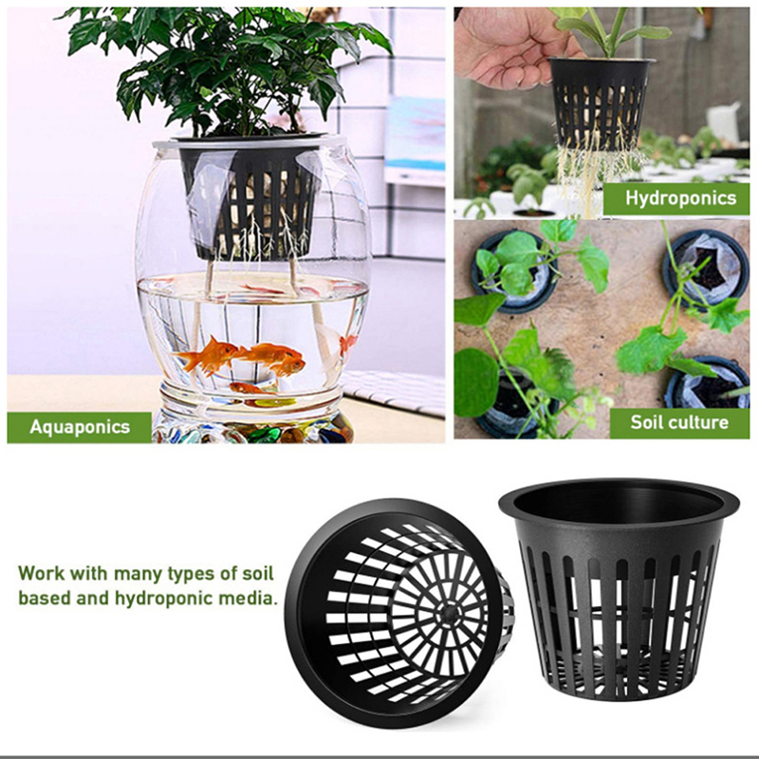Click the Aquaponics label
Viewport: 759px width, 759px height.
(x=80, y=427)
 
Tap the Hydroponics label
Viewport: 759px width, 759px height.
(x=676, y=198)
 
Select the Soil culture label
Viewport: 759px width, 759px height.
(x=679, y=422)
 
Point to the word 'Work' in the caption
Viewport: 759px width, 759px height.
(x=41, y=573)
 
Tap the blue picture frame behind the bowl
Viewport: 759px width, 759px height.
(x=415, y=134)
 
